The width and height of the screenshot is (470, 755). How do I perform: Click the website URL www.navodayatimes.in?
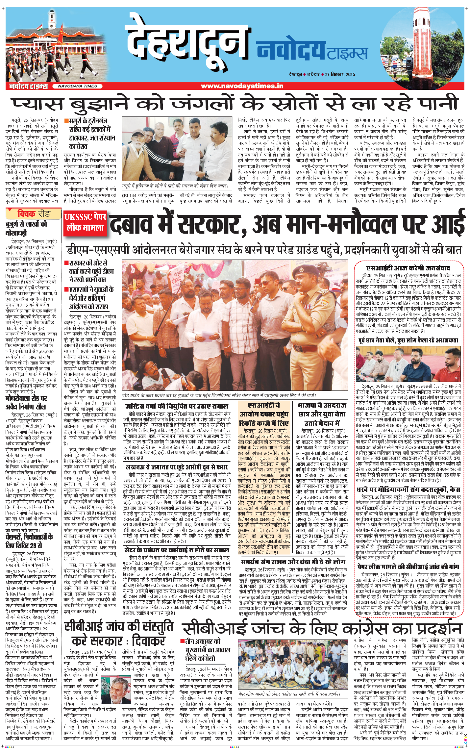[x=242, y=86]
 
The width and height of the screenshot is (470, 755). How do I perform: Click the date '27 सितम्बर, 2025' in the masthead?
[x=340, y=74]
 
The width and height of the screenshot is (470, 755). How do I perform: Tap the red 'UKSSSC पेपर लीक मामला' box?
[x=85, y=222]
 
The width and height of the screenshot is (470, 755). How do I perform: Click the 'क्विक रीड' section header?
[x=34, y=214]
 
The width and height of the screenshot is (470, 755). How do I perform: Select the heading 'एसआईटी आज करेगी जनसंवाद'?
[x=408, y=268]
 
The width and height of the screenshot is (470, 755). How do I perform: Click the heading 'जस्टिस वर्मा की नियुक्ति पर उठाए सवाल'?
[x=177, y=406]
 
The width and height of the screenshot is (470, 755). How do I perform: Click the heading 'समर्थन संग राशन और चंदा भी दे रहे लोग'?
[x=293, y=562]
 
